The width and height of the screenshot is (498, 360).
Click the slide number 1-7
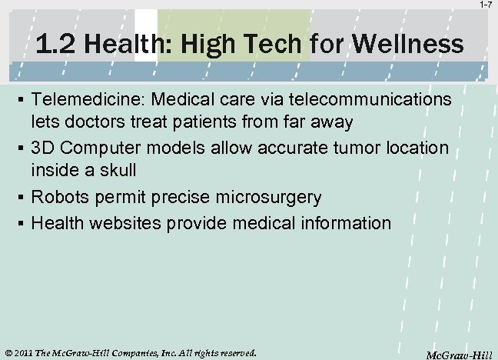[486, 5]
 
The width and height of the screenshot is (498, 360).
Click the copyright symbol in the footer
[8, 353]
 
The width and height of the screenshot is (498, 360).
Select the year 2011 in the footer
[24, 353]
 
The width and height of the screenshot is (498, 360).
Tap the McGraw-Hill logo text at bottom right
[459, 354]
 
